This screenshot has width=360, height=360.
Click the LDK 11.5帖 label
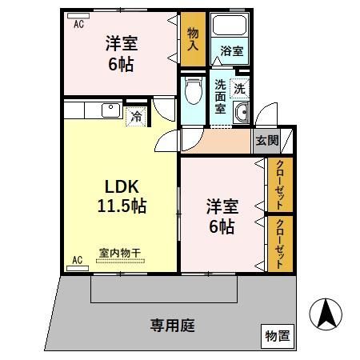click(122, 195)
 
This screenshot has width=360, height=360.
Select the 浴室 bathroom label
click(233, 51)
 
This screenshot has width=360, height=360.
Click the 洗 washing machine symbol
click(240, 86)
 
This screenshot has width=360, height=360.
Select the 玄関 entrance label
click(267, 141)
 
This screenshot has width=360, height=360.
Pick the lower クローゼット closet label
click(281, 242)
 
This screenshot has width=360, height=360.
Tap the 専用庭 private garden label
click(173, 326)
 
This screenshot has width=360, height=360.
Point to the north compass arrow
click(326, 314)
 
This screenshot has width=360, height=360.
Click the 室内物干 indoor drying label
click(119, 254)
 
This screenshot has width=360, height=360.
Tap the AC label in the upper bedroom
click(78, 24)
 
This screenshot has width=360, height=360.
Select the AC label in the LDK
click(78, 259)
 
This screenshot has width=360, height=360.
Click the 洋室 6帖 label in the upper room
click(120, 53)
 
